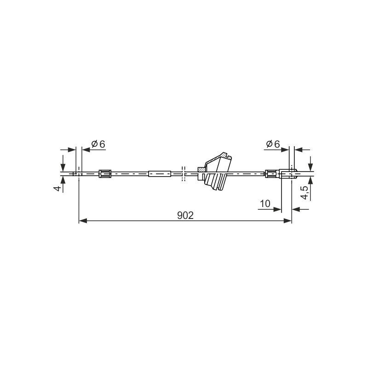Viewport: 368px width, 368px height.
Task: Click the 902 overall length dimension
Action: coord(185,215)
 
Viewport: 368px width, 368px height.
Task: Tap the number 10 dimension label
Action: coord(265,203)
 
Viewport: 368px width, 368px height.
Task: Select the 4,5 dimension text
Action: coord(305,193)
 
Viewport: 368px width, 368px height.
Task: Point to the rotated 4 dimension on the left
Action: coord(57,188)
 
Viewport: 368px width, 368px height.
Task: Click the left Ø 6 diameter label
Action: coord(98,144)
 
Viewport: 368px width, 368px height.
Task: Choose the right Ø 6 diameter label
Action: coord(273,144)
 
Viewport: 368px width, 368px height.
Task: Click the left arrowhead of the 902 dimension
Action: coord(83,221)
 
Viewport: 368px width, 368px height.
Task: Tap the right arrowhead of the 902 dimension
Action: coord(287,221)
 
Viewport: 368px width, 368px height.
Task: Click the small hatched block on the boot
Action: coord(201,169)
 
